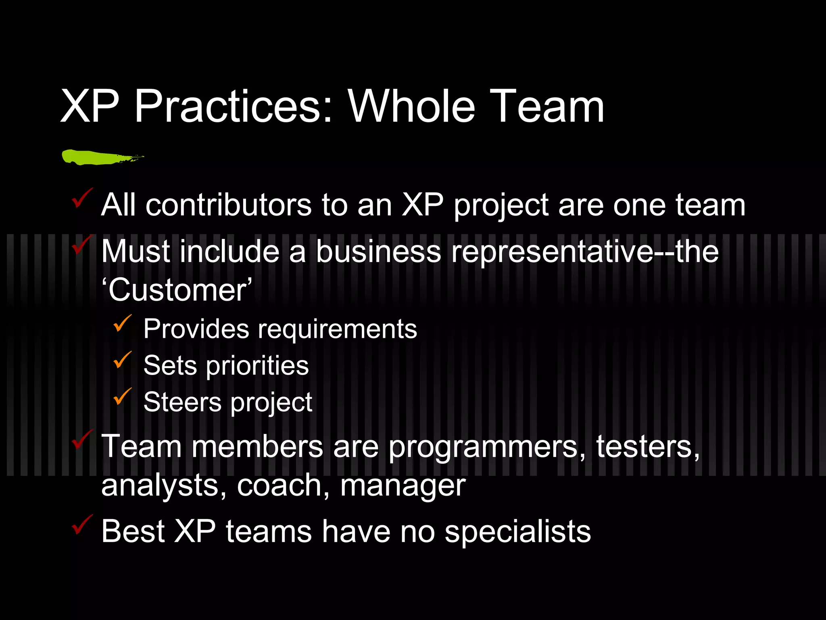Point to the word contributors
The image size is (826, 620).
[228, 205]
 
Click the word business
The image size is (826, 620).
[378, 251]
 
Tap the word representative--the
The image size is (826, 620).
[584, 251]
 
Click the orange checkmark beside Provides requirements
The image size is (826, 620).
[122, 323]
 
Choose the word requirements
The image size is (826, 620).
[337, 329]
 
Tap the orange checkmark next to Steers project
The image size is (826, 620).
[122, 396]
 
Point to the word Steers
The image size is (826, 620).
[182, 402]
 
